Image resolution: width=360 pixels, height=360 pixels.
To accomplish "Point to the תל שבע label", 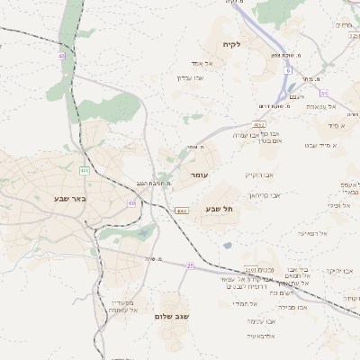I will (x=219, y=209).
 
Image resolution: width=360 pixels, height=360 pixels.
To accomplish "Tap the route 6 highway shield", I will (x=289, y=69).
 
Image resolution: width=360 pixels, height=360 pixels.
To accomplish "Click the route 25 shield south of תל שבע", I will (x=190, y=265).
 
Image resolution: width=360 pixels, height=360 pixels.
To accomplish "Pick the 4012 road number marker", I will (x=259, y=125).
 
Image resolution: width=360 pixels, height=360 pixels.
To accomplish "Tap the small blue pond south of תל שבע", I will (x=227, y=244).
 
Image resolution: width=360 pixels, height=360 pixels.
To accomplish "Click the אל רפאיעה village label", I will (x=311, y=233).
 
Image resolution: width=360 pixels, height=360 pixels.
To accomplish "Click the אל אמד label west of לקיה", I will (x=202, y=64).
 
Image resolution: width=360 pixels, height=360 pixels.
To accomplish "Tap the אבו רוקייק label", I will (x=257, y=175).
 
